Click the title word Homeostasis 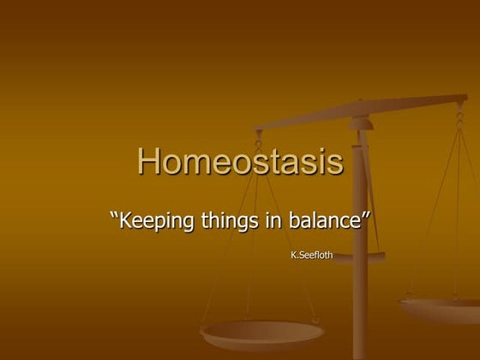pos(240,162)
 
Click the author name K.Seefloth pos(313,255)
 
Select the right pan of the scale pos(441,309)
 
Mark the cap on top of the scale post pos(361,124)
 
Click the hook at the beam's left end pos(258,138)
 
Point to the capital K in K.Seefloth pos(296,255)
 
